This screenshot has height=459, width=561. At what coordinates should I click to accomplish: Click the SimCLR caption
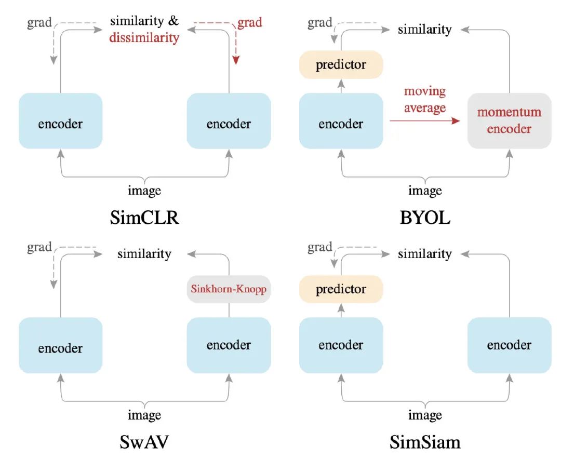[144, 218]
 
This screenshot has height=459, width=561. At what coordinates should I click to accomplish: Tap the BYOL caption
[425, 218]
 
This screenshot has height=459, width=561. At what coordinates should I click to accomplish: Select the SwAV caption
[144, 442]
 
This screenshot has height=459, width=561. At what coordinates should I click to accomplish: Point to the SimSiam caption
[425, 442]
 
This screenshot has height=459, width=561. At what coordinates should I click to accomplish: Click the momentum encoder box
[509, 120]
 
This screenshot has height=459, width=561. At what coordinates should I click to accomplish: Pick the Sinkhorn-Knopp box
[229, 289]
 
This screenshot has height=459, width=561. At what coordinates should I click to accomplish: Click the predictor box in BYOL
[341, 65]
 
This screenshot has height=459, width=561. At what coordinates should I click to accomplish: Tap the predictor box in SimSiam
[341, 289]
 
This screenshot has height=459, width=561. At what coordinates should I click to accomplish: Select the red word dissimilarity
[144, 37]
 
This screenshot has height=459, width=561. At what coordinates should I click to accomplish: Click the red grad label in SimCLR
[250, 22]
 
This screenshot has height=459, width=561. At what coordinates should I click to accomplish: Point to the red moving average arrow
[424, 120]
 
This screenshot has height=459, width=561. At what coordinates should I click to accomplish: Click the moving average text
[425, 100]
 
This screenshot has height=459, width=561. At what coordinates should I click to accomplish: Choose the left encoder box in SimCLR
[60, 121]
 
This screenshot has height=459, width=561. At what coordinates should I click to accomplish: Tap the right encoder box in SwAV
[229, 345]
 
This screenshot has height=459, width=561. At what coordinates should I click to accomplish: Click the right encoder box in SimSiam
[509, 345]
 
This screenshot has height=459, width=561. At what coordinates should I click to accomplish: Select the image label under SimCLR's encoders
[144, 190]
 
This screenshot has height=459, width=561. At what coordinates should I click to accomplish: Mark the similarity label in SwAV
[144, 254]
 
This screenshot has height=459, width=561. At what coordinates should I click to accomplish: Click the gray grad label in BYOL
[320, 23]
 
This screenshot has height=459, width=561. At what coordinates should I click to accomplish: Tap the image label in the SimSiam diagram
[425, 415]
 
